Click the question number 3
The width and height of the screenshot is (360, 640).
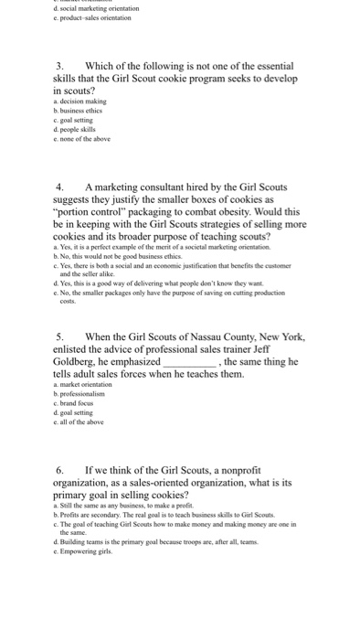pyautogui.click(x=59, y=66)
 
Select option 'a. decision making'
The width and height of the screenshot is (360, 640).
pyautogui.click(x=80, y=101)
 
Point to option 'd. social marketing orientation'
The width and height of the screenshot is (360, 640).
pyautogui.click(x=98, y=7)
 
